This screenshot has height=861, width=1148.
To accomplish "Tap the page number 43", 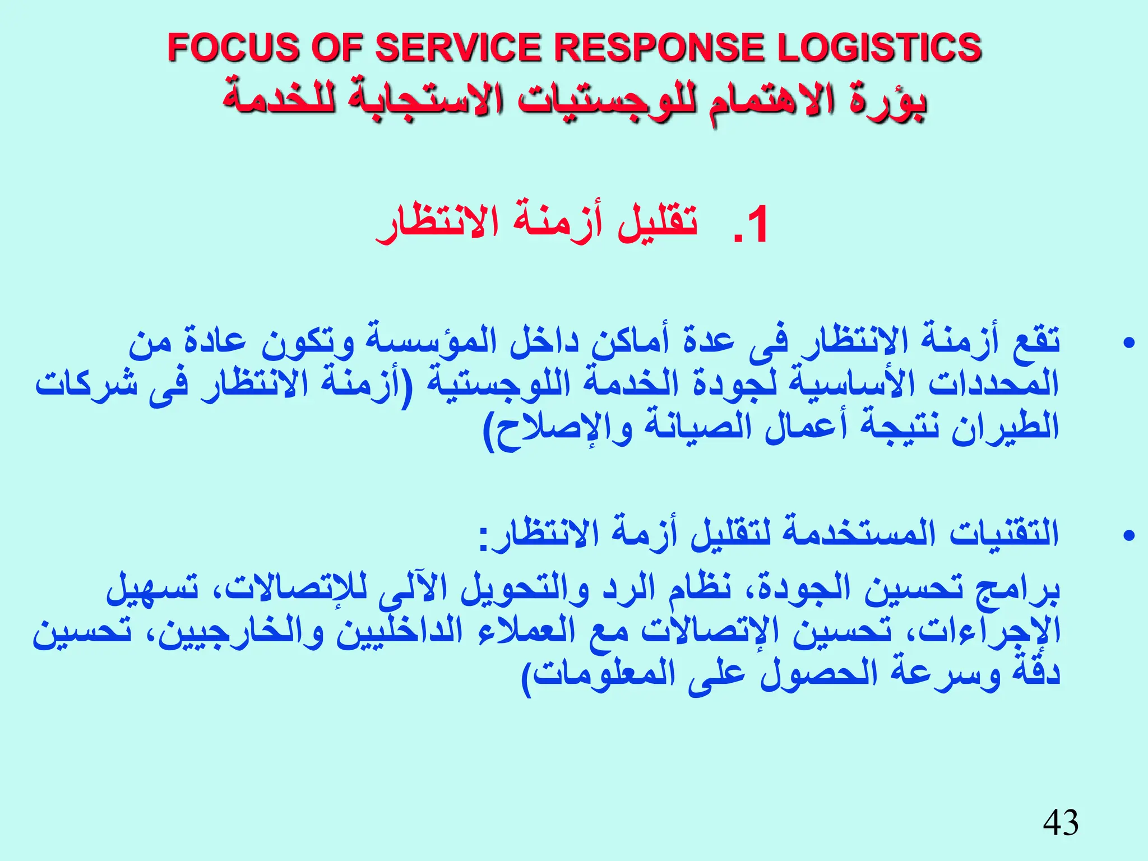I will [1061, 823].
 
